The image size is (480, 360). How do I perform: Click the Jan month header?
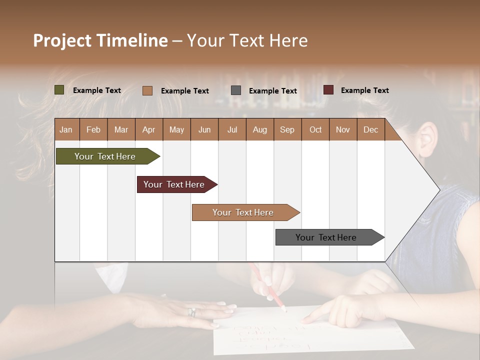[66, 129]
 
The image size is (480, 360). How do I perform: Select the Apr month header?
[148, 129]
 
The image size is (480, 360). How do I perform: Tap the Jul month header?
[232, 129]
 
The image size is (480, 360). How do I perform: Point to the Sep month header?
[287, 129]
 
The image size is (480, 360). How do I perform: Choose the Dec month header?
[370, 129]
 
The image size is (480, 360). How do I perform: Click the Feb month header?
[93, 129]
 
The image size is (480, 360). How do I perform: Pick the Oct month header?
[315, 129]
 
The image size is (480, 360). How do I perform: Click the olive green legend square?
[59, 90]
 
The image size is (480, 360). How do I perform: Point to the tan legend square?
[147, 90]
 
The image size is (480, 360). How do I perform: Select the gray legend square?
[236, 90]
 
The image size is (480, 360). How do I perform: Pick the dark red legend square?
[328, 90]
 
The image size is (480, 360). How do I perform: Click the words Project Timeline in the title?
[100, 40]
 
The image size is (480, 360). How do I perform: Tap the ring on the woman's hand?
[191, 312]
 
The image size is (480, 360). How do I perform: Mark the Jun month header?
[204, 129]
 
